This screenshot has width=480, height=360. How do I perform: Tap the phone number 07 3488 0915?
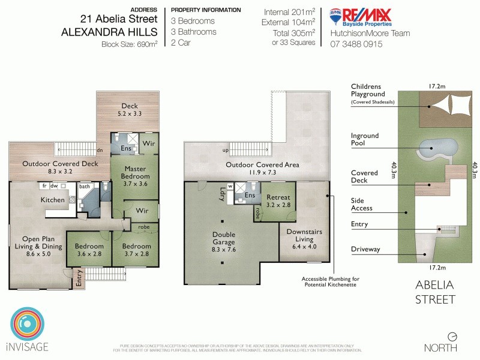pos(356,44)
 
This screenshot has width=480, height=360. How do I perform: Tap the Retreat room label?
pos(278,200)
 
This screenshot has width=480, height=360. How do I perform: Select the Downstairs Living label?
pos(304,235)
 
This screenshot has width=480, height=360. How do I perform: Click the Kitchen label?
pos(52,200)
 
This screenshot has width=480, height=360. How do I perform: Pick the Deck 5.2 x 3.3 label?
pos(130,109)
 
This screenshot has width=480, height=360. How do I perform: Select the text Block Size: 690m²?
pos(129,44)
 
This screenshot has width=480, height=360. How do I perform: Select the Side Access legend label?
pos(362,205)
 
